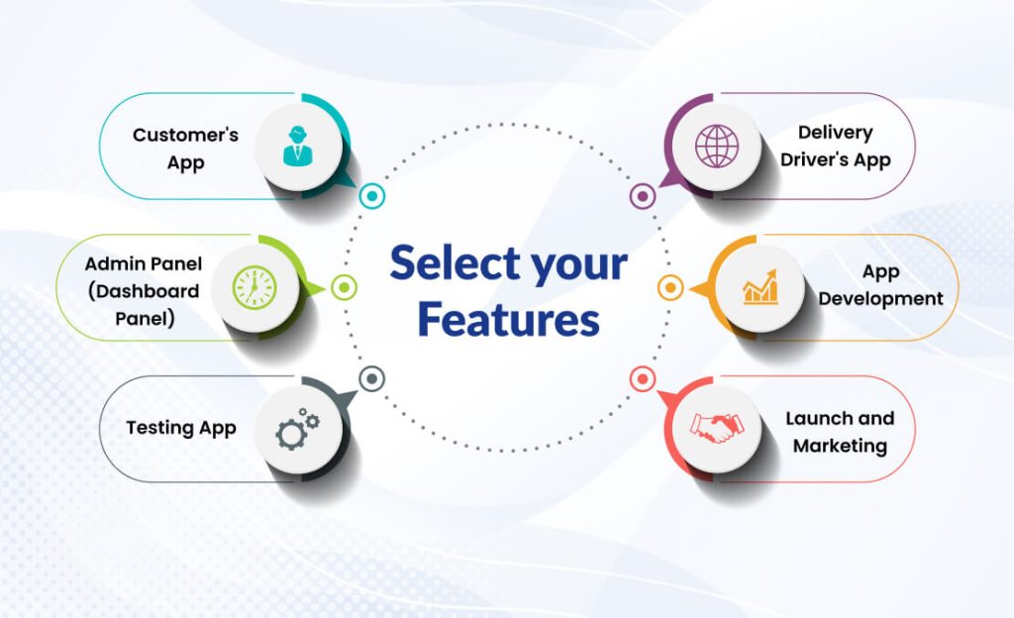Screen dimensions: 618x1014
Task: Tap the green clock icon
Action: click(x=254, y=287)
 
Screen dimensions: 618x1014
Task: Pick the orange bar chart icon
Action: click(x=760, y=287)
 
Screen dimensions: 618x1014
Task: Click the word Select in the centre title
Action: click(x=454, y=264)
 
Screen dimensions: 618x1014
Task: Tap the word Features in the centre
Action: click(x=508, y=319)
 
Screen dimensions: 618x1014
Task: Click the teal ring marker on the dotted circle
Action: click(x=372, y=196)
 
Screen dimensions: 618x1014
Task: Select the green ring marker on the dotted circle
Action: click(x=344, y=287)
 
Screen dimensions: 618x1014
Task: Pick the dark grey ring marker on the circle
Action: click(x=372, y=378)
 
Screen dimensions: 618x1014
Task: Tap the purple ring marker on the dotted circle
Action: click(x=642, y=196)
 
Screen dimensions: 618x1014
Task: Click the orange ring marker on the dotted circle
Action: click(x=670, y=287)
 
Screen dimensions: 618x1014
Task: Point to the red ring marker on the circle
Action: click(x=642, y=378)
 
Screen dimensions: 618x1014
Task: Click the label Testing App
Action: click(x=181, y=428)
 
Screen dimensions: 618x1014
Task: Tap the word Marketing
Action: click(x=840, y=446)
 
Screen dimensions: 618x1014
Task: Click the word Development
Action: click(x=880, y=298)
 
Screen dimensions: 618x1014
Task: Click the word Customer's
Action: click(x=185, y=135)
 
